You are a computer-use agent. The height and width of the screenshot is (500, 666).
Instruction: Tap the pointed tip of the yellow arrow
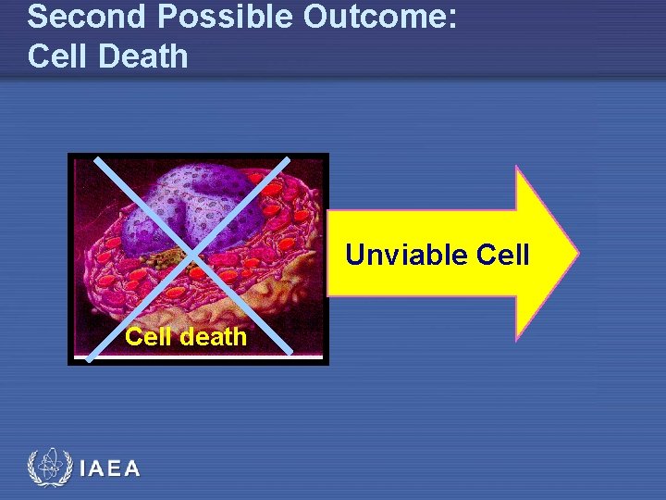[578, 252]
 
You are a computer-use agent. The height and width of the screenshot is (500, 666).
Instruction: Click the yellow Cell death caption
[186, 336]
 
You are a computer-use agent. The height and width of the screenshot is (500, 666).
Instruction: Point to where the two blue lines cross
[192, 253]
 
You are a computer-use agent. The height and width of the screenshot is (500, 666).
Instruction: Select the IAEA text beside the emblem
[110, 469]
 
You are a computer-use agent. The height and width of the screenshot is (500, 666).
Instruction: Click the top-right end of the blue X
[288, 158]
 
